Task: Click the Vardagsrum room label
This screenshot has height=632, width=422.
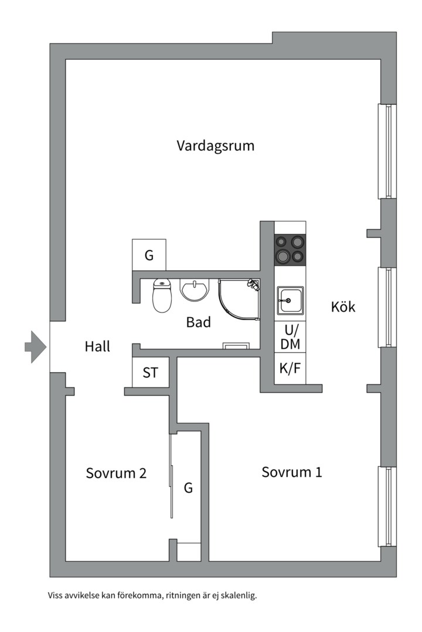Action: tap(216, 146)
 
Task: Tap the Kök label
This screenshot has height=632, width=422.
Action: tap(343, 307)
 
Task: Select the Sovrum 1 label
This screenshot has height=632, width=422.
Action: tap(291, 472)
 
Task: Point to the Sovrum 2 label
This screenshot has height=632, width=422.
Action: tap(116, 473)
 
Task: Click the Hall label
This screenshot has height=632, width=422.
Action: tap(97, 346)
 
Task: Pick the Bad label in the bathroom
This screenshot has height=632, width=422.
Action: tap(198, 322)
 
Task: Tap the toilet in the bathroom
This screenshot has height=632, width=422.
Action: tap(161, 295)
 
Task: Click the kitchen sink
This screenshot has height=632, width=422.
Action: tap(290, 300)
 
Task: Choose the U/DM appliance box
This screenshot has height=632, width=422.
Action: tap(290, 338)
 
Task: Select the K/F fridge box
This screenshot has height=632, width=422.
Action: tap(290, 369)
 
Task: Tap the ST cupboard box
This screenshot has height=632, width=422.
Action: tap(150, 372)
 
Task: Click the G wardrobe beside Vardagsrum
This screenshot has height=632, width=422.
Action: tap(149, 255)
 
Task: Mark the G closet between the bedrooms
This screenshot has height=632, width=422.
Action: tap(188, 487)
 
